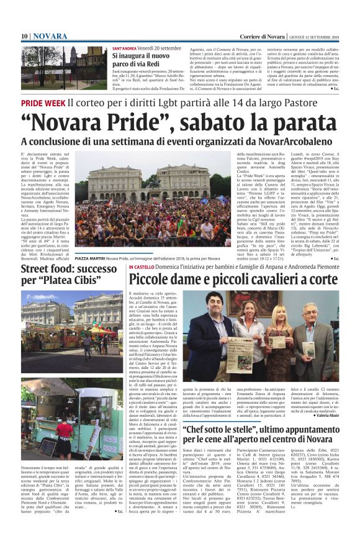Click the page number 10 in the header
(24, 36)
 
